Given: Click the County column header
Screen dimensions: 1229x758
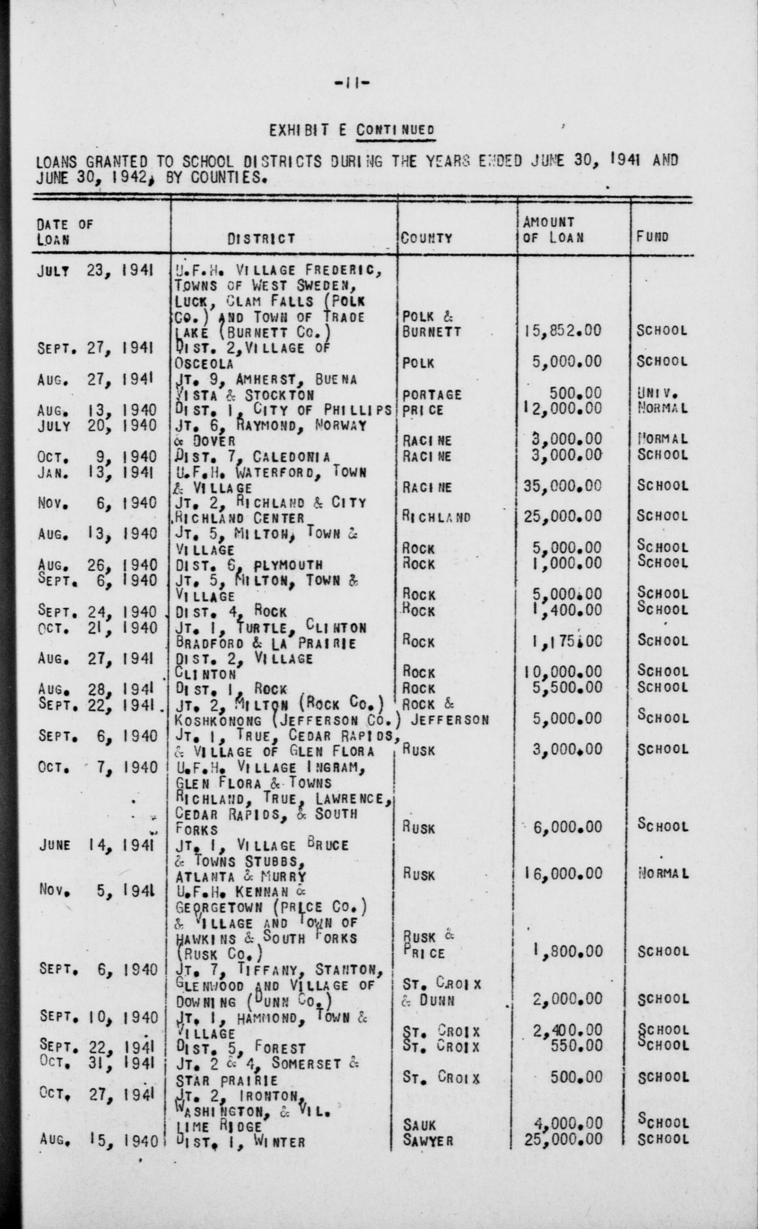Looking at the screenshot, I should click(426, 238).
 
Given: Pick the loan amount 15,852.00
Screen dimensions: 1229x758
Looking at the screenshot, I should click(562, 332).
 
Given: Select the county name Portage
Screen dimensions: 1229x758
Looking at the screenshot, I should click(432, 395).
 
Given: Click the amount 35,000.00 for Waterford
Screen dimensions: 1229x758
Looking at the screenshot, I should click(562, 486).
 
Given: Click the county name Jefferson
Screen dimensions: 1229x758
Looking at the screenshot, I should click(450, 720).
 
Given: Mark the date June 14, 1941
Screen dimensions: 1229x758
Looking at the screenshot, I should click(96, 845).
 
